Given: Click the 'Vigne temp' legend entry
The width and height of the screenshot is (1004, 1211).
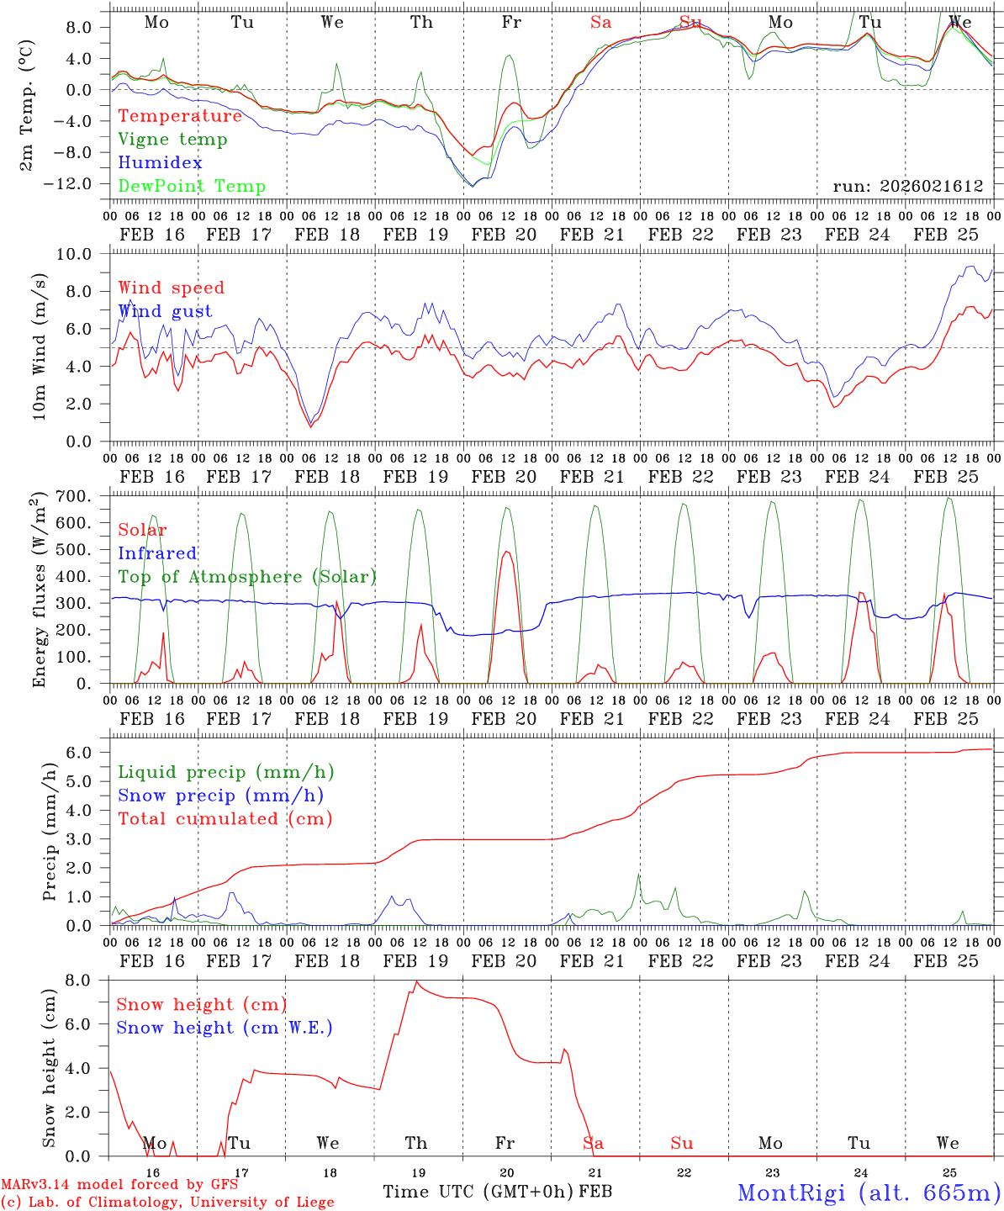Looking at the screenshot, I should click(x=172, y=140).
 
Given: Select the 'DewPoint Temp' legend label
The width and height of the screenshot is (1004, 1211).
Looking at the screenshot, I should click(x=192, y=187).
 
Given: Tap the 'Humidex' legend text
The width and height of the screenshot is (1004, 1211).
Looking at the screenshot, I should click(x=160, y=163).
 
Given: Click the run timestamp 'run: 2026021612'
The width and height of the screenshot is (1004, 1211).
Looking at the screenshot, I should click(x=907, y=187).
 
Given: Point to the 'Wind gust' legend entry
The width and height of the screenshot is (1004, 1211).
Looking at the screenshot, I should click(x=165, y=311).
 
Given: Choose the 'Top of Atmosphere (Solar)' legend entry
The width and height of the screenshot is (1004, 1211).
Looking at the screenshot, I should click(x=246, y=577).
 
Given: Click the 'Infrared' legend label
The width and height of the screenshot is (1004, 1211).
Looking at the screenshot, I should click(x=157, y=553).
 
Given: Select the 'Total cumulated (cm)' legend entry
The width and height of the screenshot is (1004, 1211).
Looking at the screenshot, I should click(x=225, y=819).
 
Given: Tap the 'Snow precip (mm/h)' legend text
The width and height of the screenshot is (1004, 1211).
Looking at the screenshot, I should click(x=220, y=796).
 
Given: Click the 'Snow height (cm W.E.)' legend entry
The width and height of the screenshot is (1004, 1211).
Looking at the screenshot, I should click(x=224, y=1028).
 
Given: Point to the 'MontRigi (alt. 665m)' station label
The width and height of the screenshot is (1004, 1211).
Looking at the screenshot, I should click(x=869, y=1192).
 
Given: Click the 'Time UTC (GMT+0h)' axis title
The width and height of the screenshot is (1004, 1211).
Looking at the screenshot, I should click(x=478, y=1192).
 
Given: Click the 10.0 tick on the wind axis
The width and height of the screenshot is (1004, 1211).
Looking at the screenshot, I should click(x=84, y=254).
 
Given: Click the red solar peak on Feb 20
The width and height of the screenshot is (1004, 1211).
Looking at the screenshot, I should click(x=506, y=552).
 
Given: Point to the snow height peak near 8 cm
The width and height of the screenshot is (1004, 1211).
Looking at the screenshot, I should click(x=416, y=981).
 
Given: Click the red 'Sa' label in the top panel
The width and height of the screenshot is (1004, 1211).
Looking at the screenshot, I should click(x=600, y=23).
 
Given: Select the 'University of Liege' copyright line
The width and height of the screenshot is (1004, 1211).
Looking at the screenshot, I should click(x=167, y=1202).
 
